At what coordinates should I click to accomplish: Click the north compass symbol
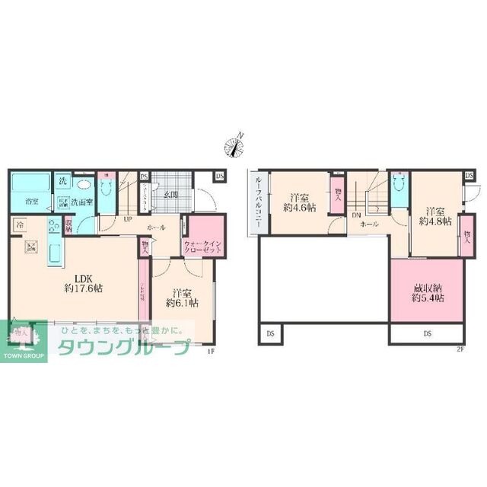[235, 143]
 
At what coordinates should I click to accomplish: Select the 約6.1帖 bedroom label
[183, 297]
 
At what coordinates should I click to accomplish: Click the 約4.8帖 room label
[436, 216]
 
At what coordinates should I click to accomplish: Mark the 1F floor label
[212, 349]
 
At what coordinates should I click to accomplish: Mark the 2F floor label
[459, 349]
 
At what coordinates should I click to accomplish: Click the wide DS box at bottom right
[427, 333]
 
